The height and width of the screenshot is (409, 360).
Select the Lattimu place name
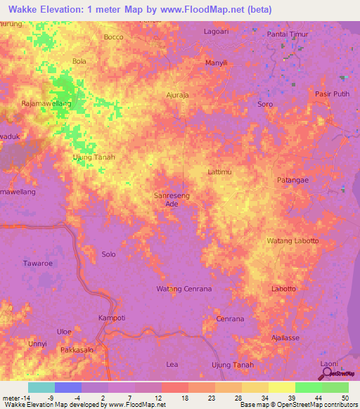pyautogui.click(x=220, y=171)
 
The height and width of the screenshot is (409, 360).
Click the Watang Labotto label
pyautogui.click(x=292, y=241)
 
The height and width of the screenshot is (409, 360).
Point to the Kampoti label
pyautogui.click(x=111, y=318)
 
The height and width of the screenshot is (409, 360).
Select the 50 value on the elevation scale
pyautogui.click(x=345, y=398)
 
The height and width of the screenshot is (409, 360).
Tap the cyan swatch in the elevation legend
pyautogui.click(x=41, y=387)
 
